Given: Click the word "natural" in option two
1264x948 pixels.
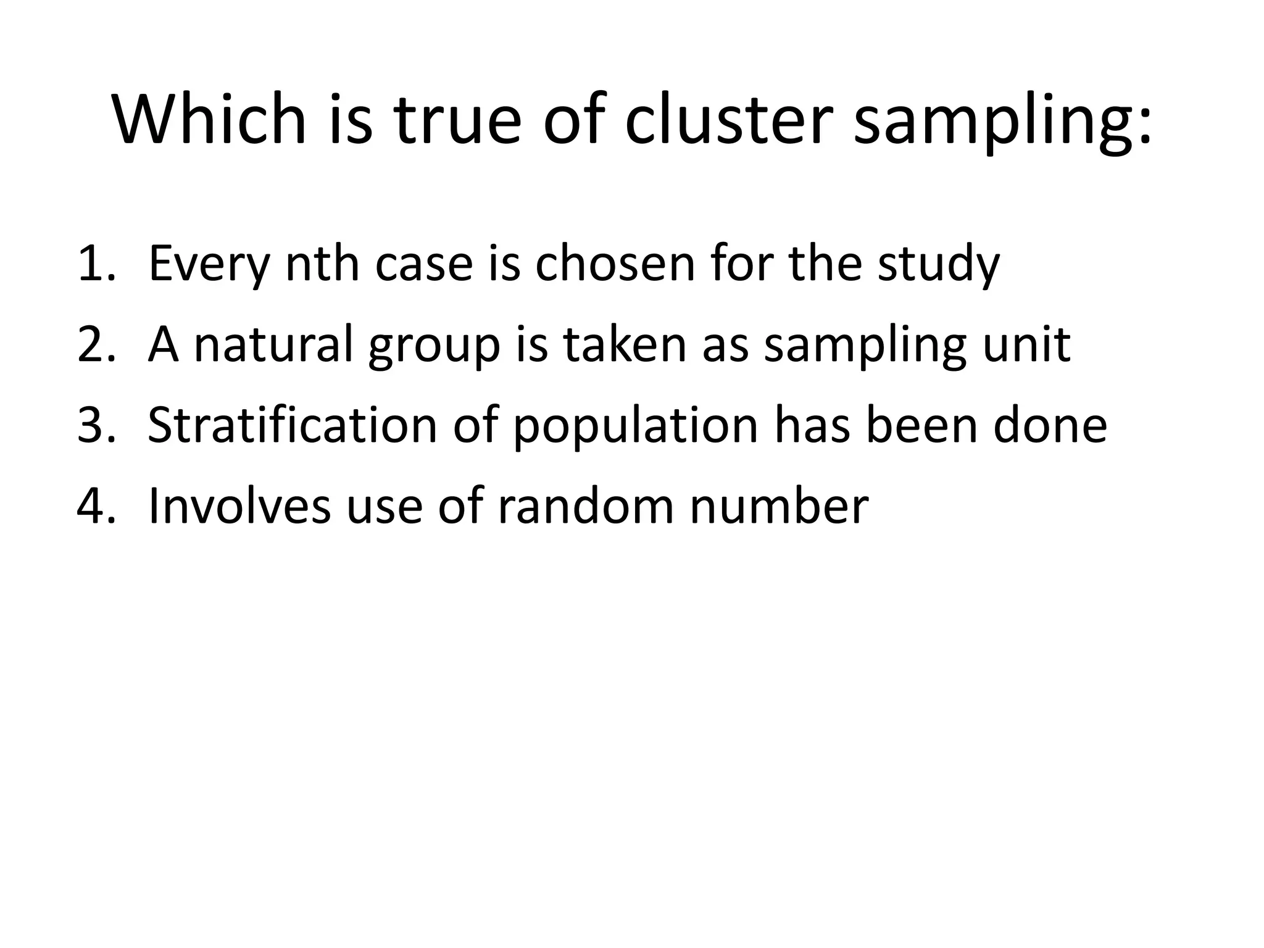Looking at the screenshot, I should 274,344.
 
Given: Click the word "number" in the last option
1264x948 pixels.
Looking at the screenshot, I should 779,506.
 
